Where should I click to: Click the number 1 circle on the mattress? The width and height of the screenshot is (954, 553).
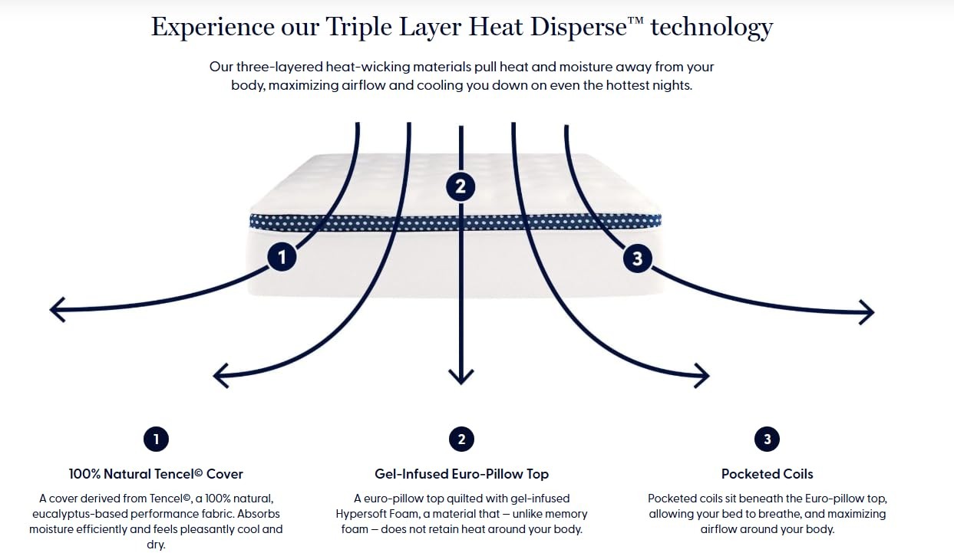282,257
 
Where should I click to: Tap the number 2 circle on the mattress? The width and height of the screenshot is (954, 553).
460,186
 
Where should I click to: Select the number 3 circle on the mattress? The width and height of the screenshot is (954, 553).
637,258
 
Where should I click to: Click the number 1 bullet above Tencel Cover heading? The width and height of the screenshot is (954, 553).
156,439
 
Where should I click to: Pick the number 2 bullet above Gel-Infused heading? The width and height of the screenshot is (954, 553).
461,439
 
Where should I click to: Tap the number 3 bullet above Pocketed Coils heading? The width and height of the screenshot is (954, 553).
767,439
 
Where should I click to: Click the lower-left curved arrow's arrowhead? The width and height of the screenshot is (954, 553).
220,376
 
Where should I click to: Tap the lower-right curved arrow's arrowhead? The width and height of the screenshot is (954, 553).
701,376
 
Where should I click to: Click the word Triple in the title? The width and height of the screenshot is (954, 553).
358,28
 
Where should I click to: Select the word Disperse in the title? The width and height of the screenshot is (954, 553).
579,28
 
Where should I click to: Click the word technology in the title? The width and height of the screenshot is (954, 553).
711,28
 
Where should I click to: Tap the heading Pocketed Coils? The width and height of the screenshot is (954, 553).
767,474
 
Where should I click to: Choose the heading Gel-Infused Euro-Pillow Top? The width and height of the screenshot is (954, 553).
462,474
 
